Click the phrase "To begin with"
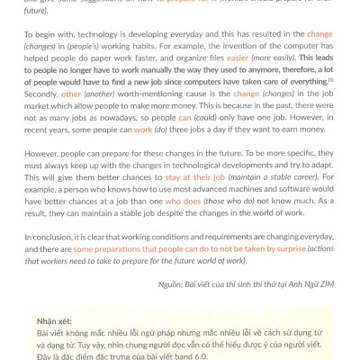46,33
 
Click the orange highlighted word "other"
71,94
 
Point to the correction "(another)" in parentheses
100,94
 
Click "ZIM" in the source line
325,283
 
